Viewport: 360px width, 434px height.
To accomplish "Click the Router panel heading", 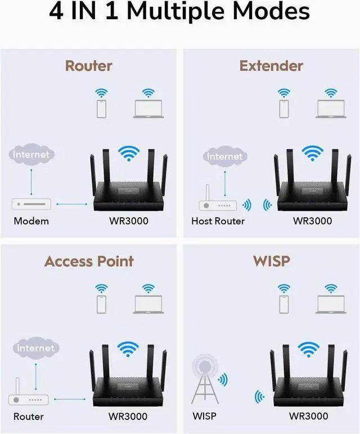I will pyautogui.click(x=89, y=66).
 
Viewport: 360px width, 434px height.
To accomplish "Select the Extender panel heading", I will pyautogui.click(x=271, y=66).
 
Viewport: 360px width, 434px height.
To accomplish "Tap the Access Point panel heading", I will pyautogui.click(x=89, y=261).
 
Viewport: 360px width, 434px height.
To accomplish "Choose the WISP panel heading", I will pyautogui.click(x=271, y=261).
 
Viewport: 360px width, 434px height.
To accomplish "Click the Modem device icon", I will pyautogui.click(x=31, y=204).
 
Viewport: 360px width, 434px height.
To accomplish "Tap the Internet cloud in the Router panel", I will pyautogui.click(x=31, y=154).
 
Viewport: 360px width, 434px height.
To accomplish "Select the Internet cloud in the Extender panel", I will pyautogui.click(x=225, y=156).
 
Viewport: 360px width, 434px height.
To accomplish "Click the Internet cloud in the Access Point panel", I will pyautogui.click(x=35, y=348).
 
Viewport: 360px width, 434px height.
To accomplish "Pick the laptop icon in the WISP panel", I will pyautogui.click(x=331, y=304).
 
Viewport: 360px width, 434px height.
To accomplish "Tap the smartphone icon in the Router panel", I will pyautogui.click(x=101, y=109).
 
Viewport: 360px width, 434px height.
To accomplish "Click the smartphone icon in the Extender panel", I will pyautogui.click(x=284, y=109).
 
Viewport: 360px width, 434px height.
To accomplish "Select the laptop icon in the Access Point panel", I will pyautogui.click(x=148, y=304).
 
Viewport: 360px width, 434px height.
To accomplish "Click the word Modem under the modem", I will pyautogui.click(x=31, y=221).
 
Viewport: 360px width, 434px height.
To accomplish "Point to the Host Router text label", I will pyautogui.click(x=218, y=221).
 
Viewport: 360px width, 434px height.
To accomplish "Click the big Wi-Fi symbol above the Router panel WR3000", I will pyautogui.click(x=129, y=154).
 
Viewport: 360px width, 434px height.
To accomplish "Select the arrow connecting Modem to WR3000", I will pyautogui.click(x=70, y=204).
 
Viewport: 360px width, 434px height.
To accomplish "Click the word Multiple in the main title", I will pyautogui.click(x=185, y=13).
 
